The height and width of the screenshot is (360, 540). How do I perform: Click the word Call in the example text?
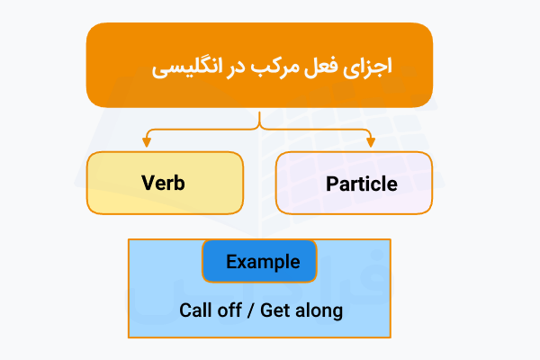(x=195, y=310)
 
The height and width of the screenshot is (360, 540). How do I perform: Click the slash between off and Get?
(x=250, y=310)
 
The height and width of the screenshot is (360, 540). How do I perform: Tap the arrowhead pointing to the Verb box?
(x=146, y=142)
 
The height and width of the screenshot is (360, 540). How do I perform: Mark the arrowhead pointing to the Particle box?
(x=370, y=142)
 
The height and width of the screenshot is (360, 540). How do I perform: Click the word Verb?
(x=164, y=183)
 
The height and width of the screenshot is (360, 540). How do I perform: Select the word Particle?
(x=361, y=184)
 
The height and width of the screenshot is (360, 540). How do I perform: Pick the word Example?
(x=263, y=262)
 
